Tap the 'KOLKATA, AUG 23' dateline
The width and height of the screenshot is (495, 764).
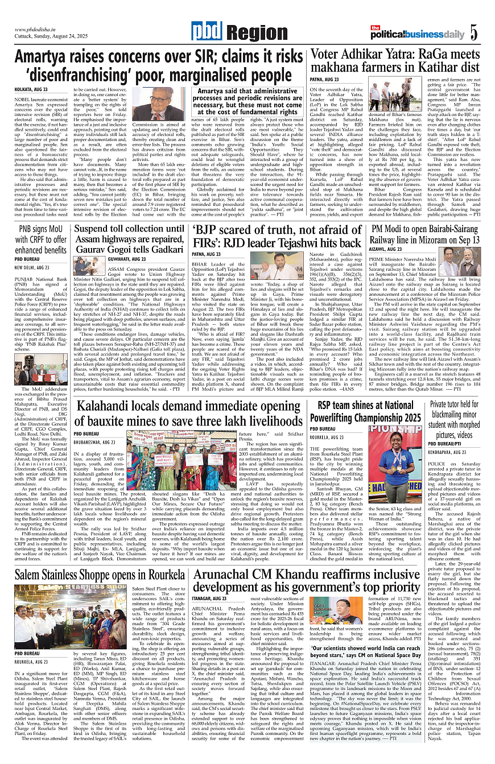(31, 90)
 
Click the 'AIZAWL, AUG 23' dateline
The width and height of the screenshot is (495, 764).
(386, 249)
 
